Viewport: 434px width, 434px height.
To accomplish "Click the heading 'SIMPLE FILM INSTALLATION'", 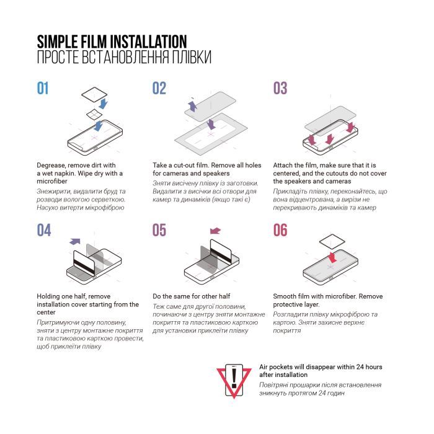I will (x=112, y=42).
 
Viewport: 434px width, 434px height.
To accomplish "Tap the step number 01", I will (x=43, y=89).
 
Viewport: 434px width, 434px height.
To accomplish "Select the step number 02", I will (x=159, y=89).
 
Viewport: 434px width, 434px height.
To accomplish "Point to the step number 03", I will (x=280, y=89).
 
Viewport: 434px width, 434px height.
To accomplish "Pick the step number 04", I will (x=43, y=230).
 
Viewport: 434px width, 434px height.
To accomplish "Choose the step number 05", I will (x=159, y=230).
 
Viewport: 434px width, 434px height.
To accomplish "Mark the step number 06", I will (x=280, y=230).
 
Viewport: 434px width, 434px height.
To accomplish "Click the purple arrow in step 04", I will (x=75, y=241).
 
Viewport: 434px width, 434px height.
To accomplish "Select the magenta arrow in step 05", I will (x=215, y=230).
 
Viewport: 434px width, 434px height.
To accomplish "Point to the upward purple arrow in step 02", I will (x=192, y=107).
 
